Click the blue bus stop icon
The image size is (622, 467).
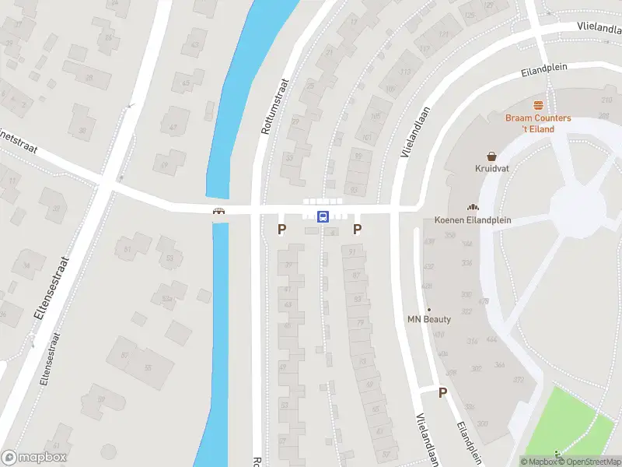[x=323, y=216]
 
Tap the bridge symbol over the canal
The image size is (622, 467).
[x=219, y=211]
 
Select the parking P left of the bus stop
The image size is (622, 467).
[x=282, y=229]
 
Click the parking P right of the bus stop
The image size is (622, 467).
[x=358, y=229]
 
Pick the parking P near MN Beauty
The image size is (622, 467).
[x=443, y=393]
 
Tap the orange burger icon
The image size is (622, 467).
[x=537, y=105]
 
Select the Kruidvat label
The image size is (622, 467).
[x=491, y=168]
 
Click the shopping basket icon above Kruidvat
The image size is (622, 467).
[x=491, y=156]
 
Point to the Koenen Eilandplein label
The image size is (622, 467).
[x=473, y=220]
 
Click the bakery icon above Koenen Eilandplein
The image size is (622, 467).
[x=471, y=207]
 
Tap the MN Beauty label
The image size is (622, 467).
[x=428, y=319]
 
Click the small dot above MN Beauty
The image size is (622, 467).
[x=428, y=309]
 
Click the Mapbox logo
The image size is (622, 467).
[x=34, y=458]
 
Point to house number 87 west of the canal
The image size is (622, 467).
[x=124, y=355]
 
